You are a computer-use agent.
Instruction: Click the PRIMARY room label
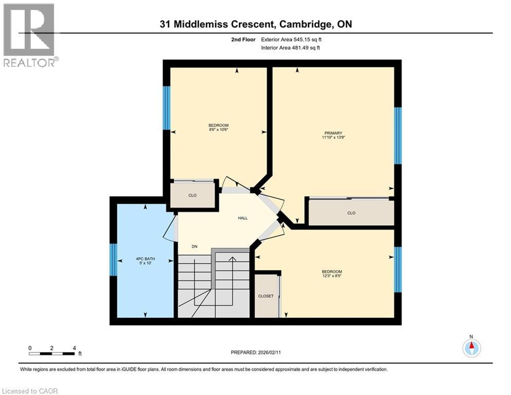(333, 133)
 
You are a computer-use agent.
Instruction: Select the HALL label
(242, 218)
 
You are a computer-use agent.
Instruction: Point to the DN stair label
(195, 247)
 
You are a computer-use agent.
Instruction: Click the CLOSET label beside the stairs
(266, 296)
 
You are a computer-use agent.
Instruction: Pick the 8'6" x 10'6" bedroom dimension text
(218, 130)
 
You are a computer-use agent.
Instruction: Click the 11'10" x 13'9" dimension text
(333, 138)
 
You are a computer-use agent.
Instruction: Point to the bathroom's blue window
(113, 259)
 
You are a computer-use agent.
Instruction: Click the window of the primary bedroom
(398, 135)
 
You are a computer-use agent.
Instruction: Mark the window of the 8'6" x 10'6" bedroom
(166, 107)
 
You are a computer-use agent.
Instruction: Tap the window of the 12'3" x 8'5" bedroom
(398, 270)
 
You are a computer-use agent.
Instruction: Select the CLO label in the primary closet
(351, 213)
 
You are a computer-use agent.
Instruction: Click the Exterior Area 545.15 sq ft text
(292, 40)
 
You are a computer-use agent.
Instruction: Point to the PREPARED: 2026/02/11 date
(255, 352)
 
